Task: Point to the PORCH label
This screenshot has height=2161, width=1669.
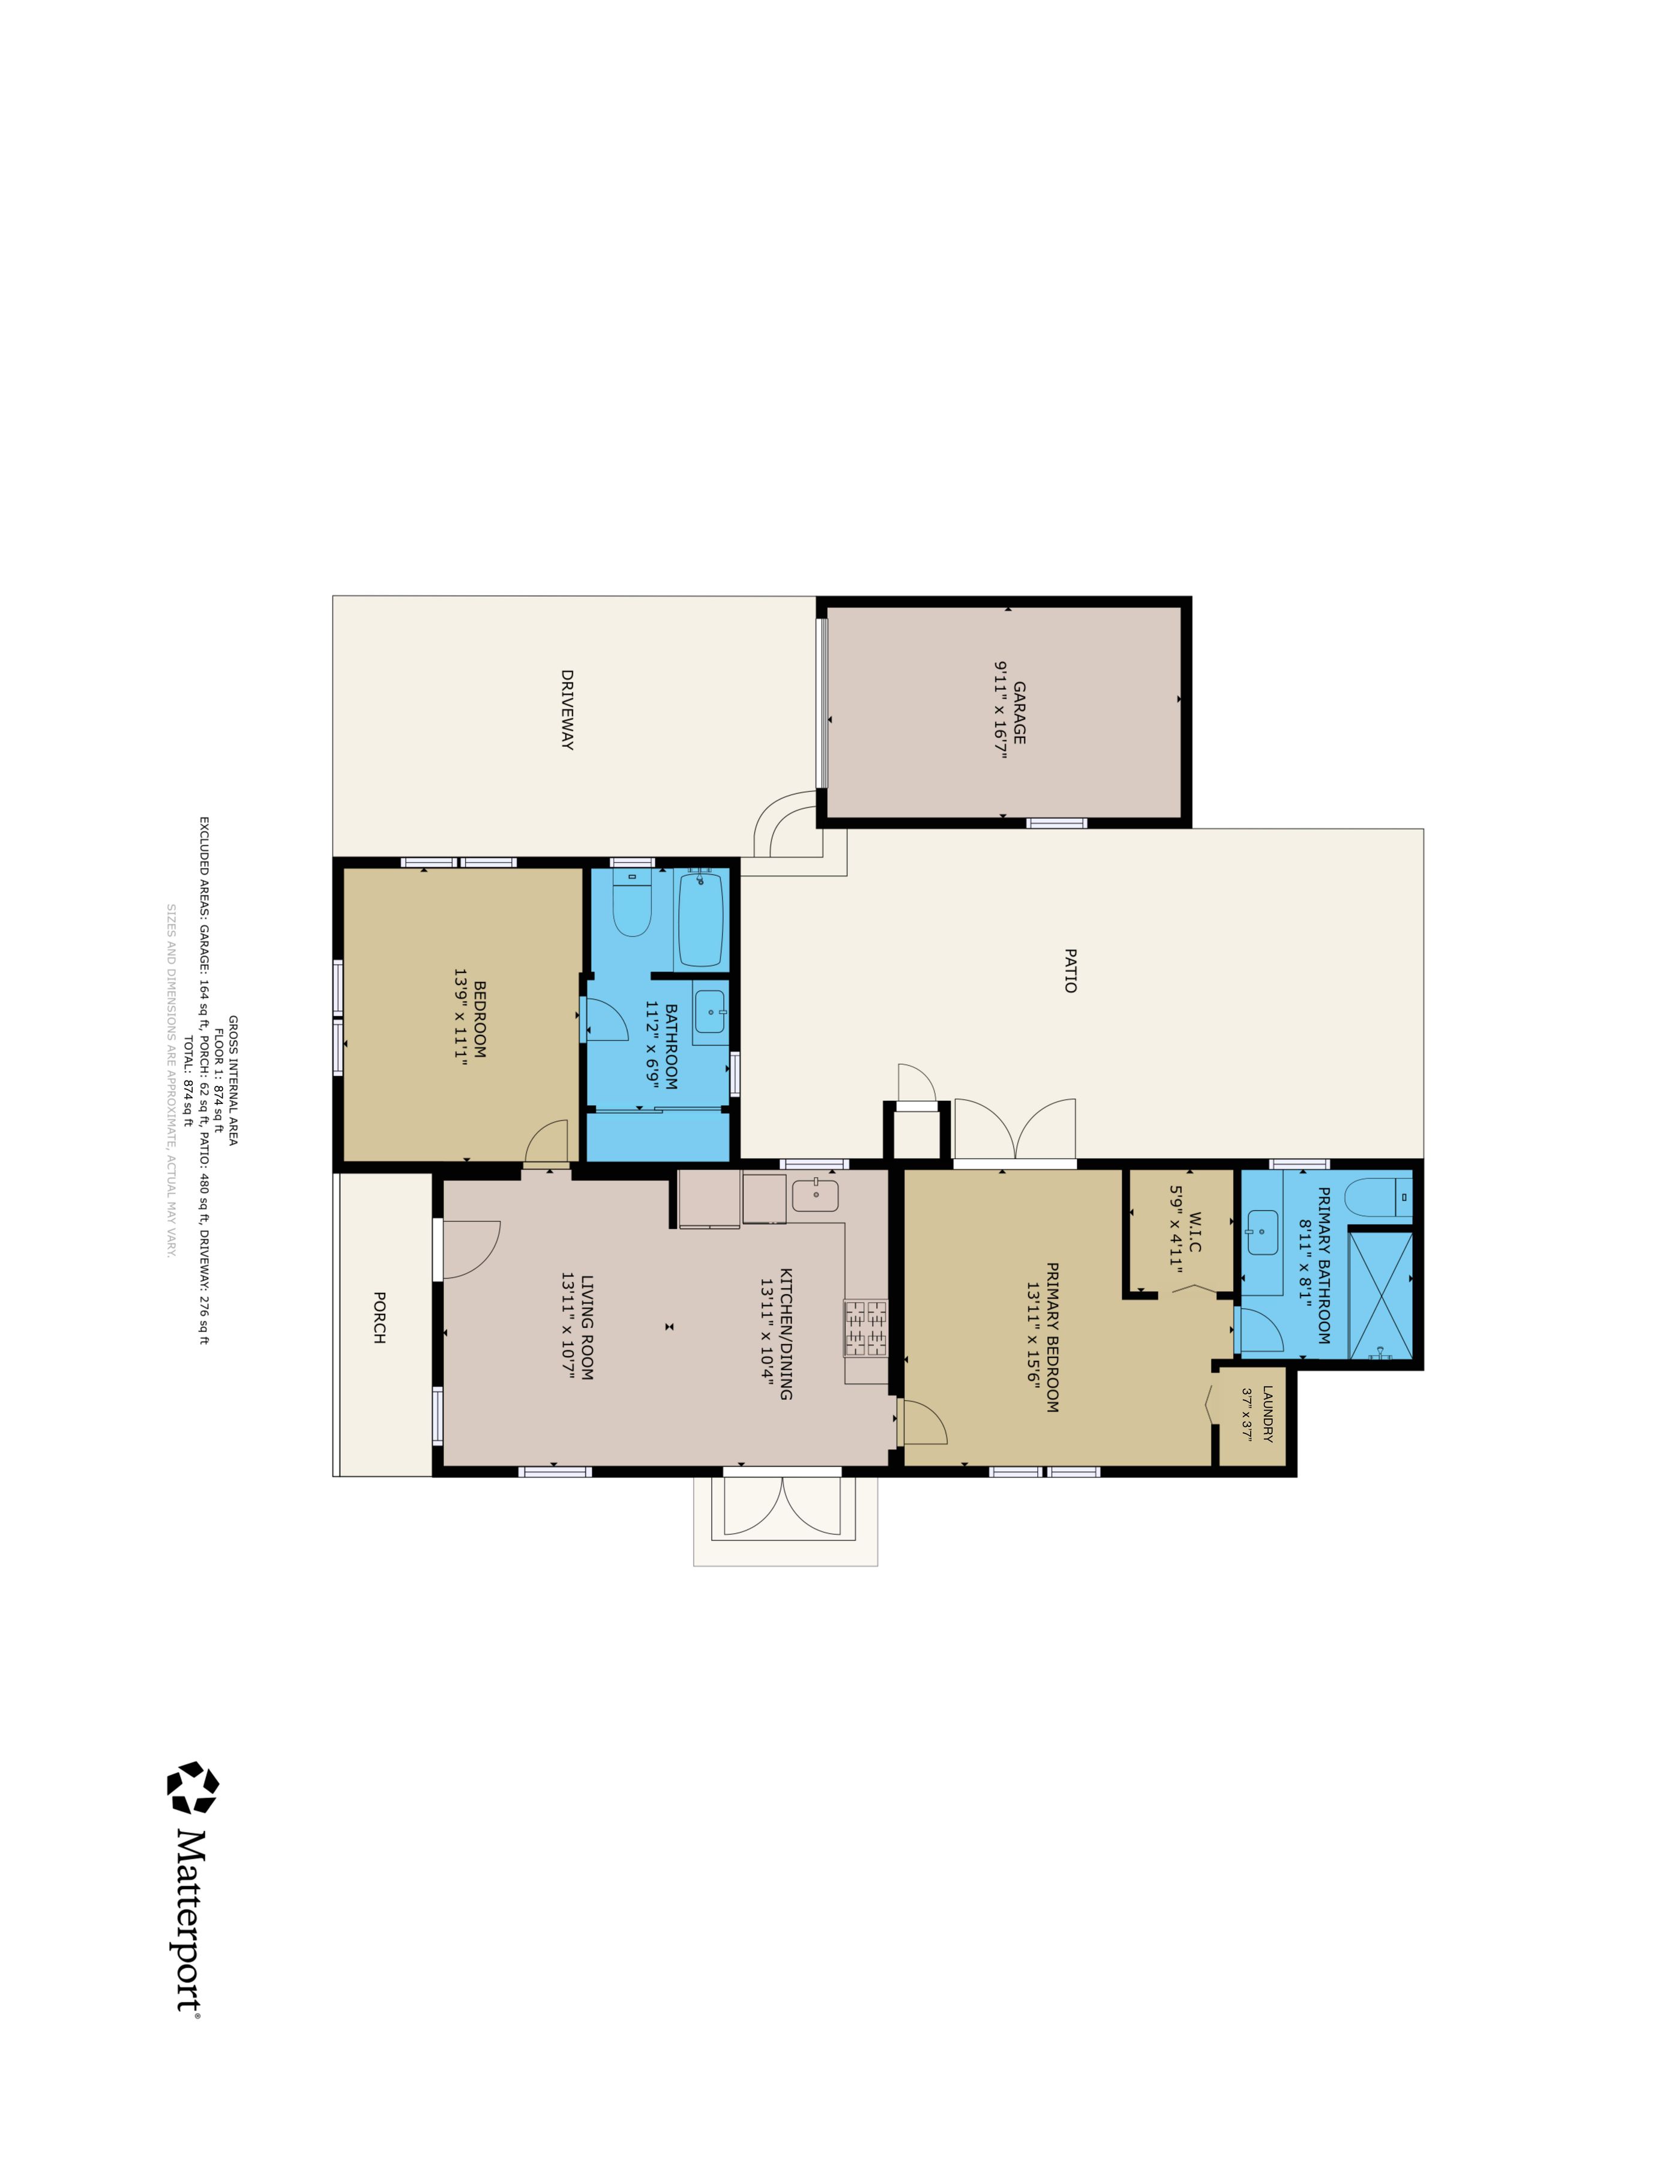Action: click(379, 1317)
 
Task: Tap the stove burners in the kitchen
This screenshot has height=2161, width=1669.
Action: click(865, 1327)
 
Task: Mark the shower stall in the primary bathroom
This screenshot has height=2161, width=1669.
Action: click(1380, 1294)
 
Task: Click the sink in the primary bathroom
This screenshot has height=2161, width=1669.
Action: click(1262, 1233)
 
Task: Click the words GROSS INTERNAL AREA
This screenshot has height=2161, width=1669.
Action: click(233, 1080)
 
